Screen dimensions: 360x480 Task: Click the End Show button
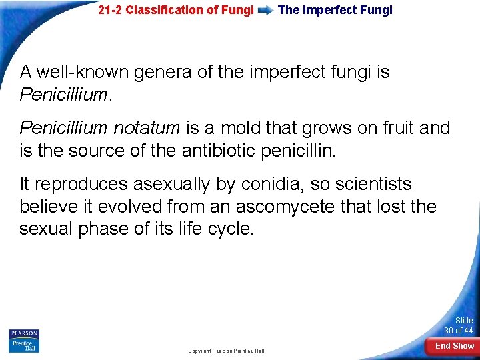click(x=454, y=345)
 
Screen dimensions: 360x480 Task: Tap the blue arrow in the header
click(x=265, y=11)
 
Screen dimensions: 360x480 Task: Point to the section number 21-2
click(x=110, y=10)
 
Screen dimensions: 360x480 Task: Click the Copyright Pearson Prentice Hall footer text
click(x=226, y=351)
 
